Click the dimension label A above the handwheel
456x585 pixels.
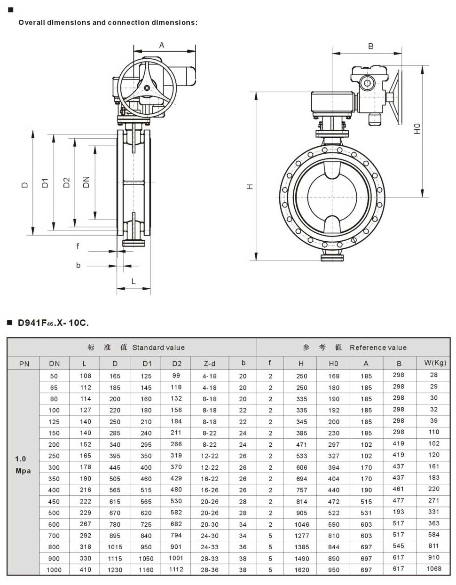(162, 46)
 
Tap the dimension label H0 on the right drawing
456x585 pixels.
(417, 128)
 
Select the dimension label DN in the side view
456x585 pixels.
(86, 182)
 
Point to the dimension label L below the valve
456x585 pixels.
(134, 281)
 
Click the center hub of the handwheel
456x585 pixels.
(147, 87)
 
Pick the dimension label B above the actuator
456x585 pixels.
(371, 46)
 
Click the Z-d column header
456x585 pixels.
(210, 364)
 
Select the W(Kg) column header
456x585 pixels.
(435, 363)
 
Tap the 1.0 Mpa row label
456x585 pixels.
(23, 465)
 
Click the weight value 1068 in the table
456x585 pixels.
(433, 569)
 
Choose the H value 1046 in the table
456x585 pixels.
(302, 524)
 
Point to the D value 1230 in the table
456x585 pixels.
(115, 569)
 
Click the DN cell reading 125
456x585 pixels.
(54, 422)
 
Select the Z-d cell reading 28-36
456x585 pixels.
(210, 569)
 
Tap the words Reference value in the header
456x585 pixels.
(378, 348)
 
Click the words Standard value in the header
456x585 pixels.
(158, 348)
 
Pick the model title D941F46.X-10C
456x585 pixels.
(53, 323)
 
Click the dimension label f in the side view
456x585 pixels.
(78, 246)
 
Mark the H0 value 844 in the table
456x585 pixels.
(334, 547)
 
